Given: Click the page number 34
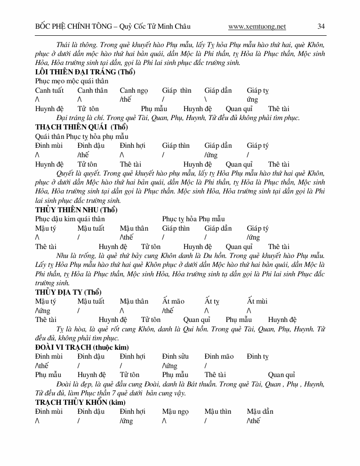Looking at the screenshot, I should pyautogui.click(x=321, y=27).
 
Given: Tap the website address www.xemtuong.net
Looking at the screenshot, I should pyautogui.click(x=257, y=27).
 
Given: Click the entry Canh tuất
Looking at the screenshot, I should pyautogui.click(x=49, y=90).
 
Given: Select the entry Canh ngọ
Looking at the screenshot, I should pyautogui.click(x=134, y=90).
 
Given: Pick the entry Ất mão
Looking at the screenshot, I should pyautogui.click(x=173, y=301).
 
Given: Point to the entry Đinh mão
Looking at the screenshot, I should pyautogui.click(x=219, y=356).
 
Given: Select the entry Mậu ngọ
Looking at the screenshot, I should pyautogui.click(x=176, y=411).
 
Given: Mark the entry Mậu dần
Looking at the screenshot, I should pyautogui.click(x=260, y=411).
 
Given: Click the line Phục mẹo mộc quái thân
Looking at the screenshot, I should pyautogui.click(x=72, y=81).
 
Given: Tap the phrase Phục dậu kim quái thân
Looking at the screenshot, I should pyautogui.click(x=70, y=219).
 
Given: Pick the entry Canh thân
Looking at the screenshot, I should pyautogui.click(x=92, y=90).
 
